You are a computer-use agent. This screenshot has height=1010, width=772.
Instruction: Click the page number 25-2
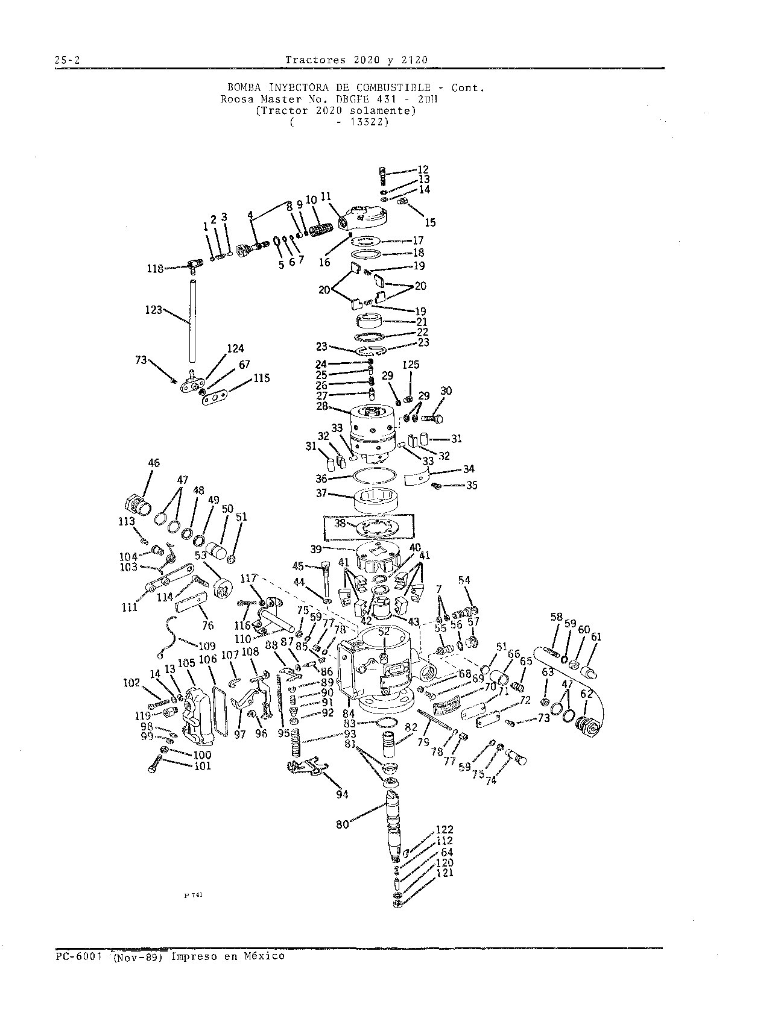(x=68, y=60)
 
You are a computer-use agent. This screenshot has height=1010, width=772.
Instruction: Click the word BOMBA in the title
(x=244, y=87)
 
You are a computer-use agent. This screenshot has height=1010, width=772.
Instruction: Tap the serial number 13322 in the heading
(x=369, y=122)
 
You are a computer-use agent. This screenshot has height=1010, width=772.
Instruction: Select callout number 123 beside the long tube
(x=154, y=310)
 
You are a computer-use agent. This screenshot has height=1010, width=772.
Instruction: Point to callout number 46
(x=154, y=463)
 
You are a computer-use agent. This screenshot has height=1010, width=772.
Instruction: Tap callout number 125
(x=411, y=365)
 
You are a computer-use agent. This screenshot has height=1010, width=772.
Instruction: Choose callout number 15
(x=431, y=223)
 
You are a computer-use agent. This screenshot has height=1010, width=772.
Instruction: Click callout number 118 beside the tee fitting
(x=155, y=269)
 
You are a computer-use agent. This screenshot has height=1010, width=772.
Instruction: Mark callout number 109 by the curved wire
(x=207, y=647)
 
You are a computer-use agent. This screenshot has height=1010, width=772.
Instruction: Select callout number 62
(x=586, y=694)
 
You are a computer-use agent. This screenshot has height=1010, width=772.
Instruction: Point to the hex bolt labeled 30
(x=432, y=419)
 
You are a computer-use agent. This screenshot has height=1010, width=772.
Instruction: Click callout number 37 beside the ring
(x=321, y=493)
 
